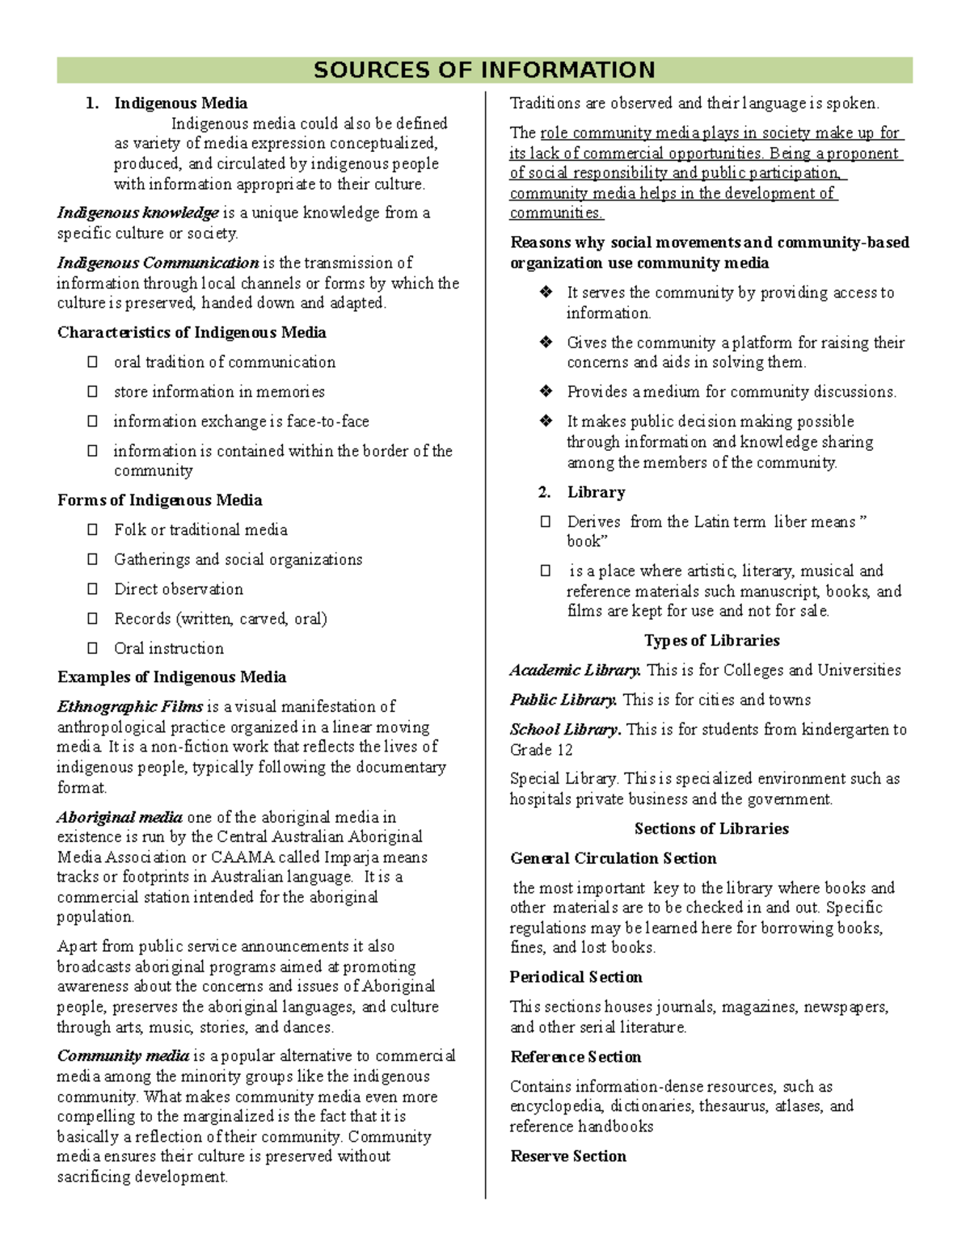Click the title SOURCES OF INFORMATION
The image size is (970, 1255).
click(x=484, y=70)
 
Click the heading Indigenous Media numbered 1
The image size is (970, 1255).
click(x=180, y=103)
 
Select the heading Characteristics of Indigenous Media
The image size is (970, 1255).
click(x=192, y=333)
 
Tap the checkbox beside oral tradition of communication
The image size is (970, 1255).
click(x=93, y=362)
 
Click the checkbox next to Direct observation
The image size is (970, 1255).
click(x=93, y=589)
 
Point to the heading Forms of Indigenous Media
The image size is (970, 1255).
click(x=159, y=500)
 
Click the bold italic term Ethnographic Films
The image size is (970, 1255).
click(x=130, y=707)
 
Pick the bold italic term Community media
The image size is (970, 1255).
click(x=123, y=1056)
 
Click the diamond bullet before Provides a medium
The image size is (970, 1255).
click(x=546, y=392)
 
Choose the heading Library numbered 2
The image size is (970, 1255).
click(x=596, y=492)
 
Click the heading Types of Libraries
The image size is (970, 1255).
click(x=711, y=641)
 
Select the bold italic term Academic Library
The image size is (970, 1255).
click(x=576, y=671)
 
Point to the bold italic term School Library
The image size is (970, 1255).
click(x=565, y=730)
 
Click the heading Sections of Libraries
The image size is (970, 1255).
click(x=711, y=829)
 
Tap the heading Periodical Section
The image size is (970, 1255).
click(x=576, y=978)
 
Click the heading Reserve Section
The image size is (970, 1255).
click(x=568, y=1156)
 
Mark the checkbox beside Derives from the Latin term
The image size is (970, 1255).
click(x=546, y=522)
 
